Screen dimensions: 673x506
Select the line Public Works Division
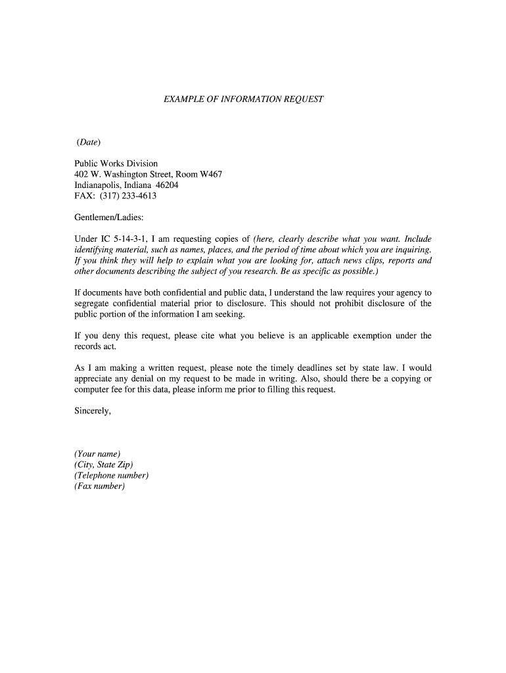click(116, 164)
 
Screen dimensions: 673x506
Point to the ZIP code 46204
click(167, 185)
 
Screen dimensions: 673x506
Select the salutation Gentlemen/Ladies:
click(108, 218)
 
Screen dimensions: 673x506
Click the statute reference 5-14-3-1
click(128, 239)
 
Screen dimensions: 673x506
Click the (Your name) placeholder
click(97, 454)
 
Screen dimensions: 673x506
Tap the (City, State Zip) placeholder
click(104, 465)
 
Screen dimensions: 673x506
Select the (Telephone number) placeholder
click(111, 475)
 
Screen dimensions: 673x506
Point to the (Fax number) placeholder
click(99, 486)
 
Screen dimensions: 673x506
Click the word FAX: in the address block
click(85, 196)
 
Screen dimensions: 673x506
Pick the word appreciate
click(96, 379)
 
